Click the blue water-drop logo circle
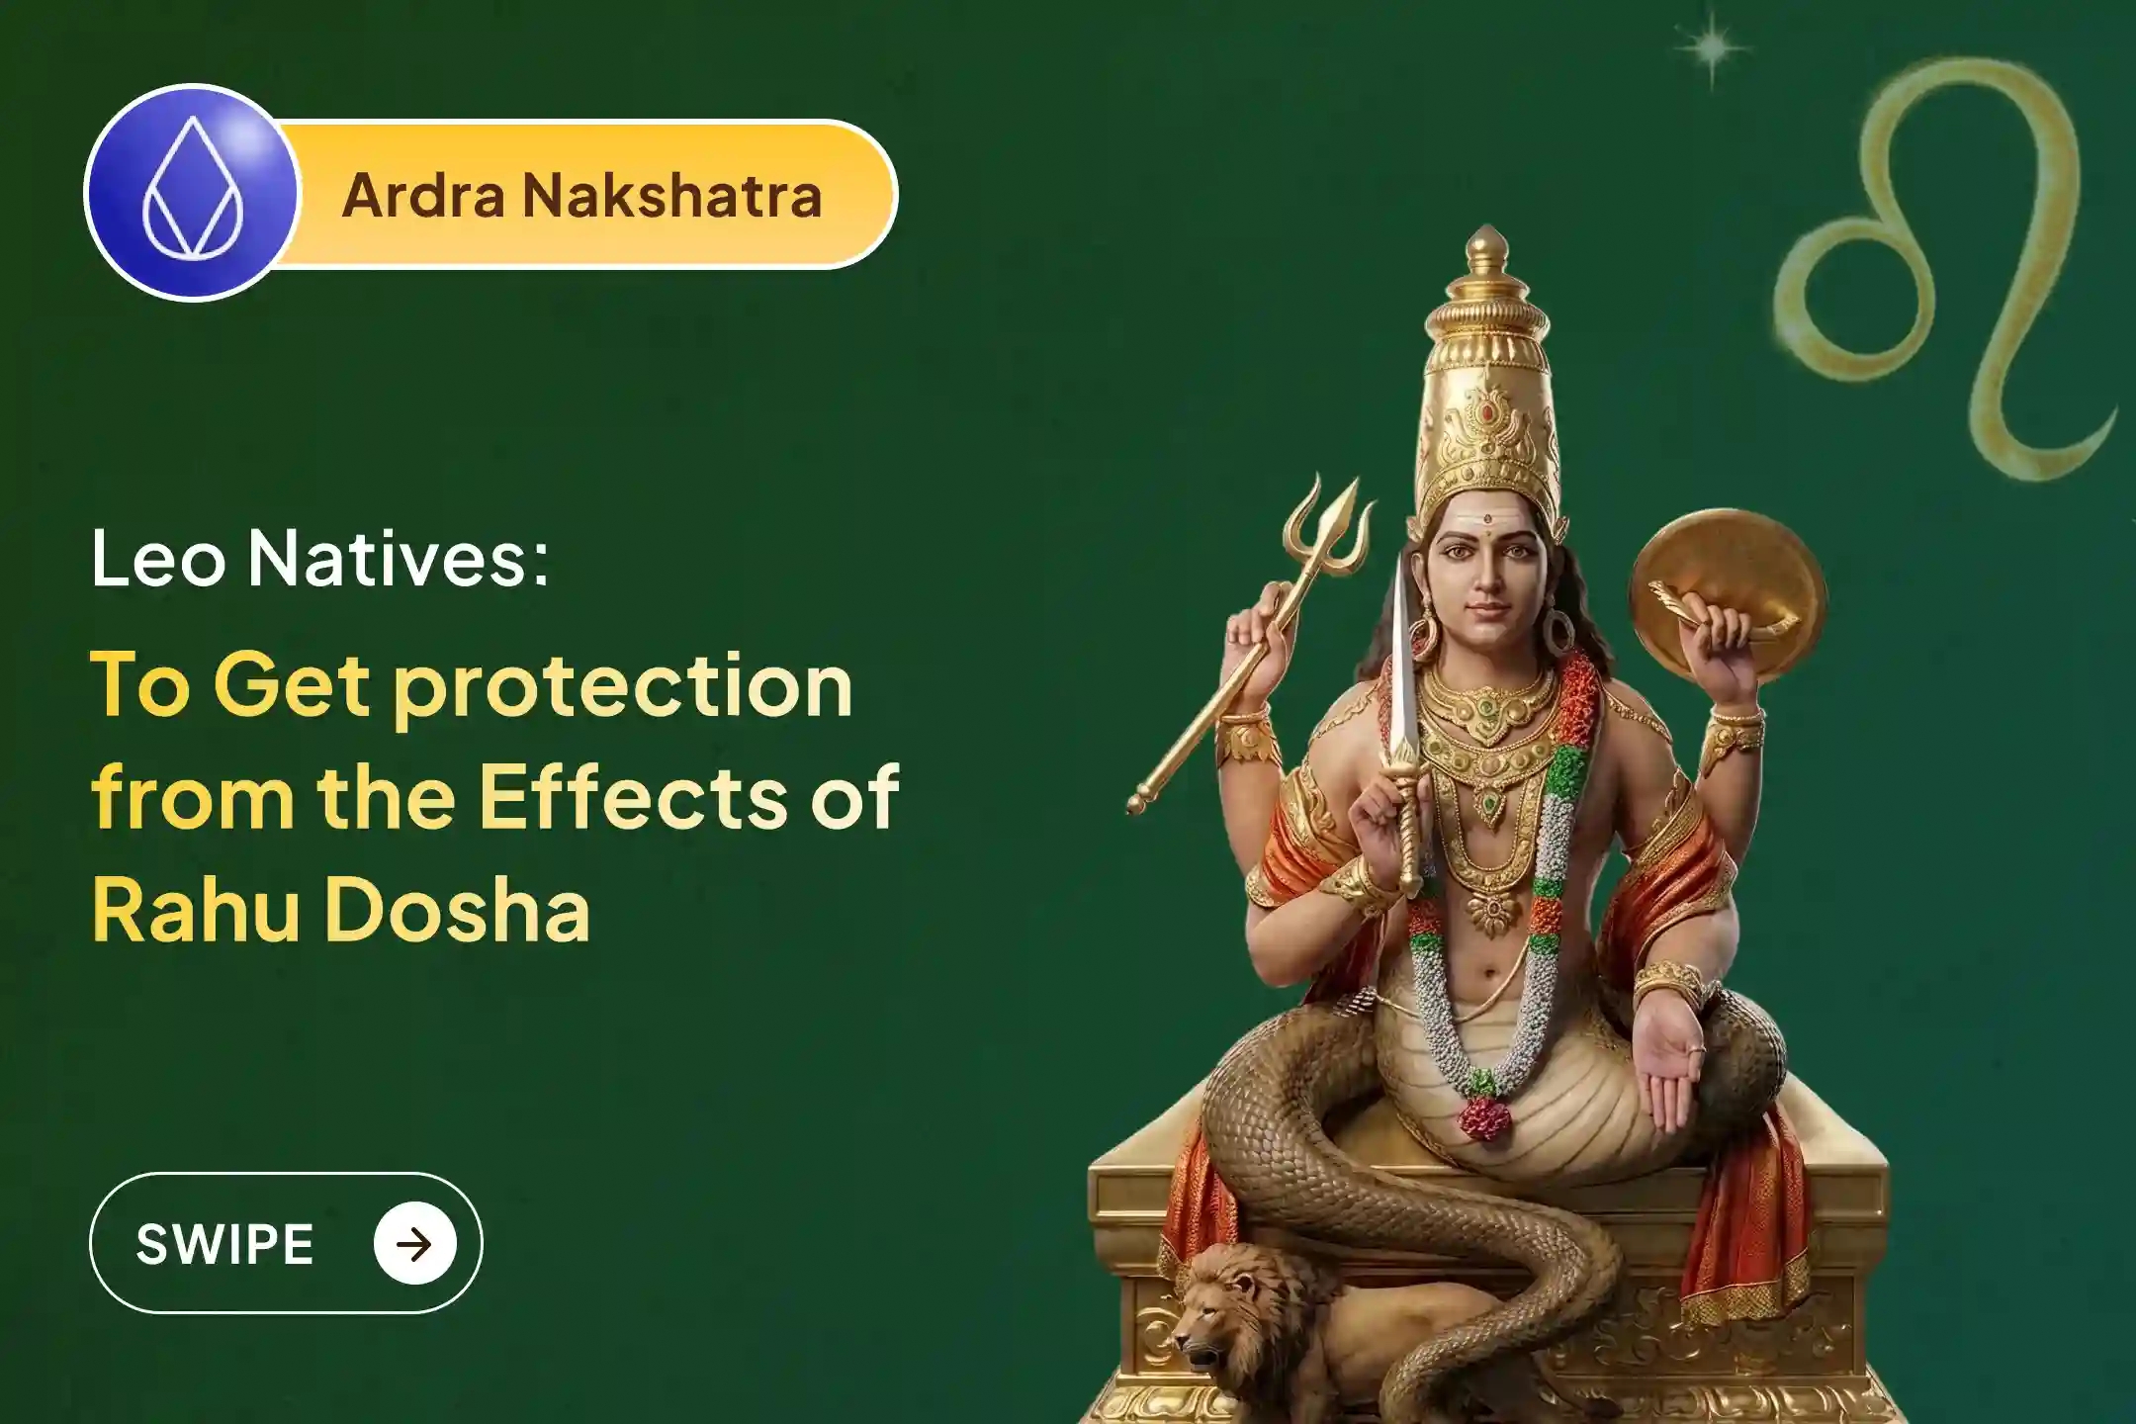[x=192, y=192]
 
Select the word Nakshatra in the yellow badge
[x=672, y=196]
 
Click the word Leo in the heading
[x=158, y=559]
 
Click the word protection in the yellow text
[x=623, y=688]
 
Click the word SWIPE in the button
[x=225, y=1244]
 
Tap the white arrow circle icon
[x=415, y=1244]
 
